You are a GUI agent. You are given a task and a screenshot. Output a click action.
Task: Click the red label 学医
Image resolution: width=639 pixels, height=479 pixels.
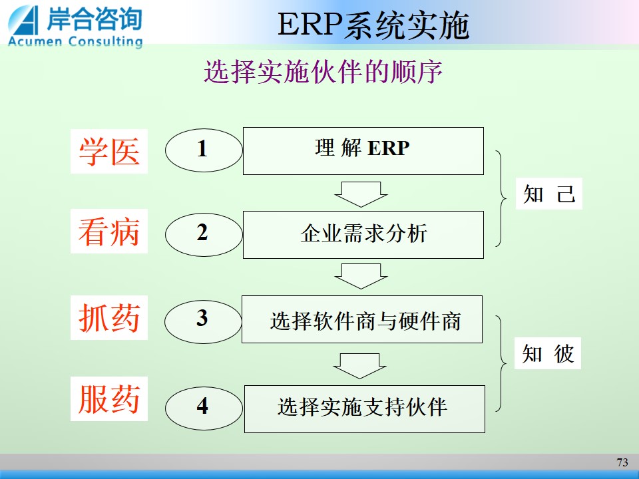point(108,151)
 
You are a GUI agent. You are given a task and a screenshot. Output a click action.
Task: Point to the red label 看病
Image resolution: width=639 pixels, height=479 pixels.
point(108,231)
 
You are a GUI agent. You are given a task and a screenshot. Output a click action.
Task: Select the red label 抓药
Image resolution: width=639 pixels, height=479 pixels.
point(108,317)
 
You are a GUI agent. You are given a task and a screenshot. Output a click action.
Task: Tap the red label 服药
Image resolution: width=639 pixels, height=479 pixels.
point(108,399)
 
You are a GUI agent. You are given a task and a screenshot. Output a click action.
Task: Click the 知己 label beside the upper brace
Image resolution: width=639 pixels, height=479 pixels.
point(549,194)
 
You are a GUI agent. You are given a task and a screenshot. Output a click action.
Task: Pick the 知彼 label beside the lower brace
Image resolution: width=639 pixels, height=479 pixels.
point(548,353)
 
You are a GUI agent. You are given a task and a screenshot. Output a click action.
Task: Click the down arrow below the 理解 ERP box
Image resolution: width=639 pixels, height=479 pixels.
point(361,194)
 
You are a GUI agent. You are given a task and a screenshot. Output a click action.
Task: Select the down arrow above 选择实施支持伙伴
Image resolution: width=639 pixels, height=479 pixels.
point(359,366)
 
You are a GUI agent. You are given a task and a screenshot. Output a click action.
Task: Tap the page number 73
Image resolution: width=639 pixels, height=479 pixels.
point(622,462)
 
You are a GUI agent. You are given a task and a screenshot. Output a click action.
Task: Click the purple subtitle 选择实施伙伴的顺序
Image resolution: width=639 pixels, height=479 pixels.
point(323,72)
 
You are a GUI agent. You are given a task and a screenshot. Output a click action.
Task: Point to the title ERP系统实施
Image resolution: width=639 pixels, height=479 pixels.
point(373,25)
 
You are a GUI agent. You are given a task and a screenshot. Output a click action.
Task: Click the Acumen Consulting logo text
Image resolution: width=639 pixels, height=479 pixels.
point(75,41)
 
